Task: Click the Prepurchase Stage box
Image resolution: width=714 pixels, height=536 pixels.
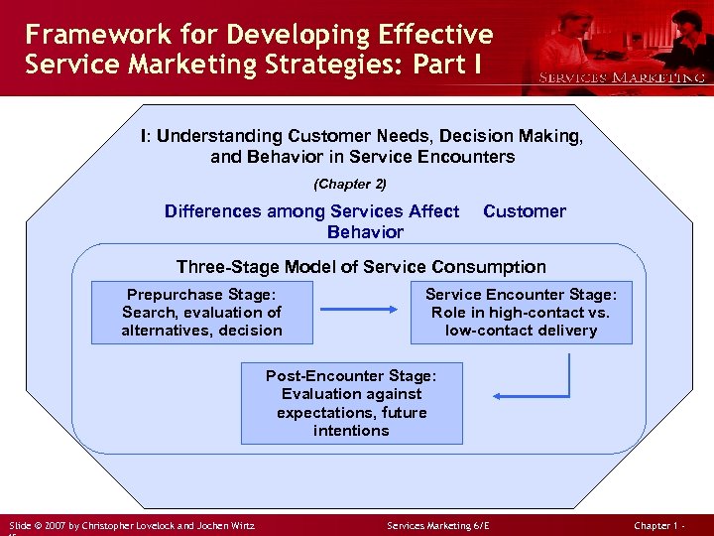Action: [x=201, y=313]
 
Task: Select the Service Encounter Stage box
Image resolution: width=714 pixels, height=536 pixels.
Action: [x=521, y=313]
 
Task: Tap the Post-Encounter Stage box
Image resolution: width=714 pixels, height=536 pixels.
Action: [x=351, y=403]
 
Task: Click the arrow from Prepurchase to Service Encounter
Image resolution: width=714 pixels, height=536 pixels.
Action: [x=360, y=309]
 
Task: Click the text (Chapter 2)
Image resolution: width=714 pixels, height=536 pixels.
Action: [x=350, y=184]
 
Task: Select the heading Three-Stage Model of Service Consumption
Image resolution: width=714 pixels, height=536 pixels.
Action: [x=361, y=267]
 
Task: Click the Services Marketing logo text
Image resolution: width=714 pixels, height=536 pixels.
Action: [x=621, y=77]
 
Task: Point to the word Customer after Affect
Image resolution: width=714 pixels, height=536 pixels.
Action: [x=524, y=211]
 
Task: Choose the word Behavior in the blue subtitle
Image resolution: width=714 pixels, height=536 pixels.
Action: [x=365, y=232]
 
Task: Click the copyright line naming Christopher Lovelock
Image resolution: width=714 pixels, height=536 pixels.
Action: [x=131, y=524]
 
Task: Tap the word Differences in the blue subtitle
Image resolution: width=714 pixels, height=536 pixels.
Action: [x=212, y=211]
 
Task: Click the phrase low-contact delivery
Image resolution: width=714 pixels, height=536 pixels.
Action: [x=521, y=331]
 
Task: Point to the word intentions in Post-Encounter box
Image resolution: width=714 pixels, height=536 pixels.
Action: [x=351, y=431]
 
